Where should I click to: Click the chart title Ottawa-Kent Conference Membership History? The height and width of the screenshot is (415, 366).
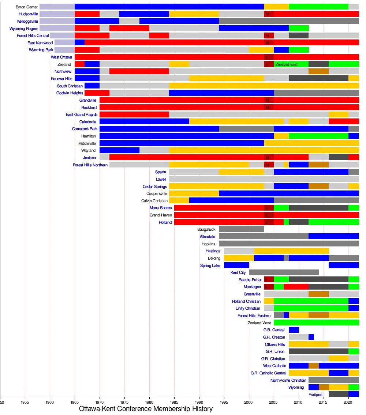146,409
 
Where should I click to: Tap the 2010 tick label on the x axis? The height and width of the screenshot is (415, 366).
299,401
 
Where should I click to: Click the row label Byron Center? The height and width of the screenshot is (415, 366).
27,7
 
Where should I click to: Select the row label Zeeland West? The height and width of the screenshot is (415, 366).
259,323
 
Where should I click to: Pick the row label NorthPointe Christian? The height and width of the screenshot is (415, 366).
288,380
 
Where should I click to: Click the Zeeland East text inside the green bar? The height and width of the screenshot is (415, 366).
287,64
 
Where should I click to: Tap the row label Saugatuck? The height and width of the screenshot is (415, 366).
206,230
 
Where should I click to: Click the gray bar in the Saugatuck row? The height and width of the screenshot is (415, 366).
241,229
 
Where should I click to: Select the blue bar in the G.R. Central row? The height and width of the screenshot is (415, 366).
294,330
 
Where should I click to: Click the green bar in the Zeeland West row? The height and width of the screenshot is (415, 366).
316,322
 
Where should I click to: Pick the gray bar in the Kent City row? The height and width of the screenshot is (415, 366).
284,272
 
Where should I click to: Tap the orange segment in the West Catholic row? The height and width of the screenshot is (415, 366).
314,366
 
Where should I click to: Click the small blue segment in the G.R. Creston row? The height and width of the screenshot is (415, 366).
311,337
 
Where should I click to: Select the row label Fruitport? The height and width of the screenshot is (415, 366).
315,395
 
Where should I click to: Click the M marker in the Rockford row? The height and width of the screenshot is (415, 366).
268,107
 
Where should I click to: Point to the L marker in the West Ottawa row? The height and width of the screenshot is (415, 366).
268,57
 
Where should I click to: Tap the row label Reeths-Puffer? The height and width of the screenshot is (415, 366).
250,280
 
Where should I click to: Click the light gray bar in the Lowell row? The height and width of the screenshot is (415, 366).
264,179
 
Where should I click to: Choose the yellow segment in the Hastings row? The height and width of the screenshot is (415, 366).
291,251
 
